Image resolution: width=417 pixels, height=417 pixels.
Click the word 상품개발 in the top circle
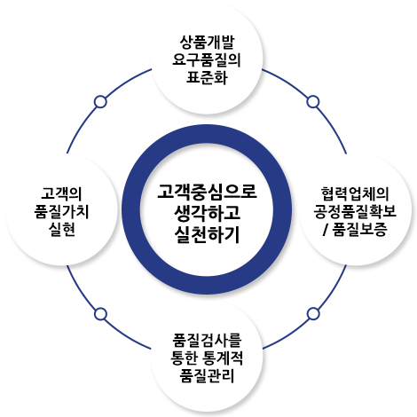pyautogui.click(x=207, y=42)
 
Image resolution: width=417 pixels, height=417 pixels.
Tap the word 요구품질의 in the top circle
pyautogui.click(x=207, y=59)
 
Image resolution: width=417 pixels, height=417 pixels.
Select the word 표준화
pyautogui.click(x=207, y=77)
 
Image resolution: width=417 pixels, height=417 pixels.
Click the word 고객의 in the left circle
pyautogui.click(x=61, y=193)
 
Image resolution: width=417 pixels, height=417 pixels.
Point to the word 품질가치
pyautogui.click(x=61, y=211)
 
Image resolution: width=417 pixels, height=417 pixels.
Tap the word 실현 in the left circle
pyautogui.click(x=61, y=229)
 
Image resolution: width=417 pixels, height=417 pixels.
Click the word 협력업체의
pyautogui.click(x=355, y=193)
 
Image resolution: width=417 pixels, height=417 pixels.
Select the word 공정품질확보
pyautogui.click(x=355, y=211)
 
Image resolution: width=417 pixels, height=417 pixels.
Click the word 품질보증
pyautogui.click(x=359, y=229)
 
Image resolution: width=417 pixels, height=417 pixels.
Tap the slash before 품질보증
pyautogui.click(x=326, y=229)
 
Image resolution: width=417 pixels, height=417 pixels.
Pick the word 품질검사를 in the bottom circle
pyautogui.click(x=207, y=340)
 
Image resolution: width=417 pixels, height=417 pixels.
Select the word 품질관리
pyautogui.click(x=207, y=375)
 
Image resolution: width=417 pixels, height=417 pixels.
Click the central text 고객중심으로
pyautogui.click(x=207, y=192)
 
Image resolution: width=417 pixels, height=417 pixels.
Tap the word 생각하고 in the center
pyautogui.click(x=207, y=213)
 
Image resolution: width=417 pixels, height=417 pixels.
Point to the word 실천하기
pyautogui.click(x=207, y=235)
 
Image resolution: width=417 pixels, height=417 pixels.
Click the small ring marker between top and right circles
pyautogui.click(x=313, y=102)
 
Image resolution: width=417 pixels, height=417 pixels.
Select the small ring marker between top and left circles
pyautogui.click(x=100, y=102)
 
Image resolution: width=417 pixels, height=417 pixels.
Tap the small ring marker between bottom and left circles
pyautogui.click(x=100, y=314)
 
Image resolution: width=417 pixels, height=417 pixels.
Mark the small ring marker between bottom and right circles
pyautogui.click(x=313, y=314)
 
